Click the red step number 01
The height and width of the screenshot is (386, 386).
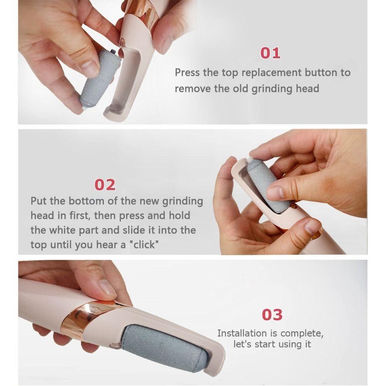(x=270, y=53)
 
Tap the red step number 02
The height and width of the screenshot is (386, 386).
(x=105, y=185)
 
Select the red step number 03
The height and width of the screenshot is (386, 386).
(x=272, y=315)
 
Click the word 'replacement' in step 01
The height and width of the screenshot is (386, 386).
(x=271, y=73)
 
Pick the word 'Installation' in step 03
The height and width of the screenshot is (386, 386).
(x=242, y=333)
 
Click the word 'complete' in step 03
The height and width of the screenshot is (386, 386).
(x=301, y=334)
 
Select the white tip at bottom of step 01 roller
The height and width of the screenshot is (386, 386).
(x=84, y=108)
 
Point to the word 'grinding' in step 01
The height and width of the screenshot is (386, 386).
(x=271, y=89)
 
